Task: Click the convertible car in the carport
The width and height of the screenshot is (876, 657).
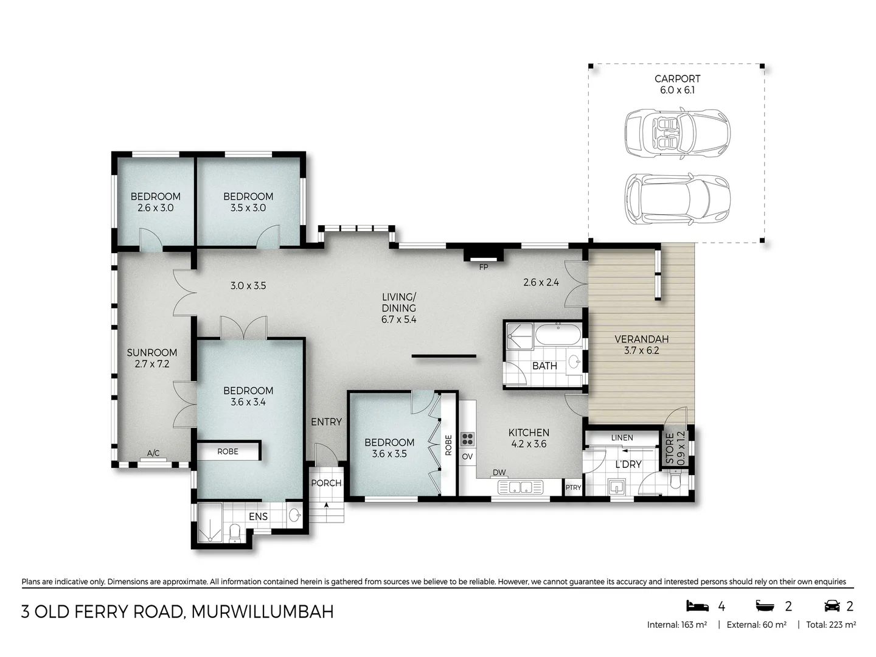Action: click(x=677, y=134)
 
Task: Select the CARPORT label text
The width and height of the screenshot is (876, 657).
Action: click(x=677, y=78)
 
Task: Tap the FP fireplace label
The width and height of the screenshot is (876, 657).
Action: click(x=484, y=267)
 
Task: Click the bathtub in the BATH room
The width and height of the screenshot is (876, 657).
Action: click(x=558, y=336)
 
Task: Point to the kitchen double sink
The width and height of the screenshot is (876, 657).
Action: click(x=520, y=487)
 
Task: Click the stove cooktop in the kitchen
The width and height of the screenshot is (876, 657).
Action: click(x=467, y=439)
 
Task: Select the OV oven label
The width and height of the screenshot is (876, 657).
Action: click(x=467, y=457)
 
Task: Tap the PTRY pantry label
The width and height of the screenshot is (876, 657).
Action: click(x=573, y=487)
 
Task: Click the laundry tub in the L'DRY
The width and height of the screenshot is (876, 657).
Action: click(x=617, y=487)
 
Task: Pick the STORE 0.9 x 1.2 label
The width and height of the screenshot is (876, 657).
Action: click(x=675, y=448)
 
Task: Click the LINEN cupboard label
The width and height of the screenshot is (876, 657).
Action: click(x=622, y=437)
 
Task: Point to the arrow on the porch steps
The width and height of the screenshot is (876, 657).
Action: click(x=327, y=504)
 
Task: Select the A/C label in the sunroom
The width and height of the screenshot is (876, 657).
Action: click(x=153, y=453)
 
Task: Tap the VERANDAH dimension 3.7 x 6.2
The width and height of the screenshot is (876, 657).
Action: click(x=641, y=350)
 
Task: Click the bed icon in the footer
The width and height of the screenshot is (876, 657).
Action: click(x=697, y=606)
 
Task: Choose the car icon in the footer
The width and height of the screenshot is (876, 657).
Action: click(x=832, y=606)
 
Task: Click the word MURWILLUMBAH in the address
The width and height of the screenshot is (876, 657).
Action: click(x=262, y=611)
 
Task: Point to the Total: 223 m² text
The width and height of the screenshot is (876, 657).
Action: click(x=831, y=625)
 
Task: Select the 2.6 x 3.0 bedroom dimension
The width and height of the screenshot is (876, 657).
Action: click(x=155, y=207)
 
